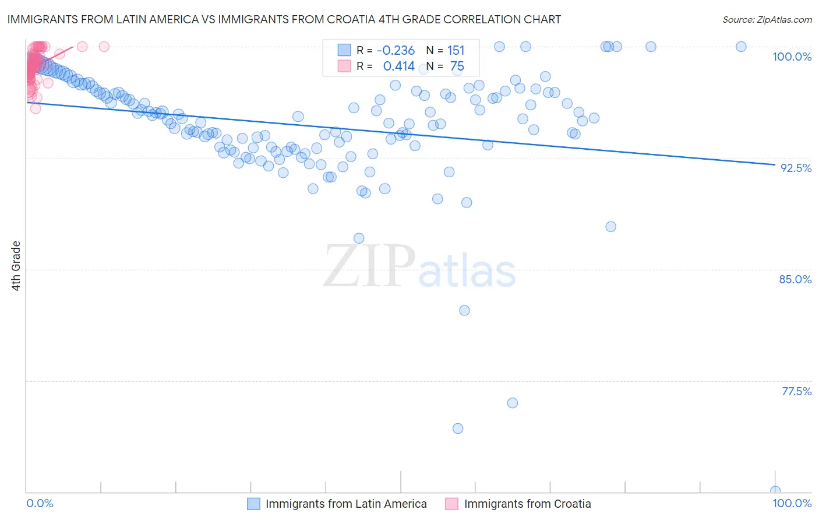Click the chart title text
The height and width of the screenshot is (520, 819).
284,19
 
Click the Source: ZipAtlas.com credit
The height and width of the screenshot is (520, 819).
767,19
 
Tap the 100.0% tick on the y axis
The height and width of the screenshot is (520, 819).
792,57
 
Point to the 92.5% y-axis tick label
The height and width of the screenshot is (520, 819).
796,168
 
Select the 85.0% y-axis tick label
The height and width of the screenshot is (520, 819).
795,279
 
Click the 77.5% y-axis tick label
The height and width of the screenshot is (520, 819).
796,391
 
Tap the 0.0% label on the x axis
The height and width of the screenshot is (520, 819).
40,503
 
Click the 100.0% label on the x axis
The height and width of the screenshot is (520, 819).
792,503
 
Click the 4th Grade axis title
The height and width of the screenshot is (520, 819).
16,266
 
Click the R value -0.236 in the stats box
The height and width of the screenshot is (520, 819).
396,50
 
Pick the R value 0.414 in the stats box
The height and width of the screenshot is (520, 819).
398,66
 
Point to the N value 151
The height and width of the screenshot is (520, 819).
456,50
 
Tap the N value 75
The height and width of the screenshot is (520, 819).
457,66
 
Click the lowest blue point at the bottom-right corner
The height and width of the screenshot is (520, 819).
775,491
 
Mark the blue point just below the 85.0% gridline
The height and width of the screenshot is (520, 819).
464,310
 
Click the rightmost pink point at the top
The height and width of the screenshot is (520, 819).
104,47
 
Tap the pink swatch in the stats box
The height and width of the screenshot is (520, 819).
344,66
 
